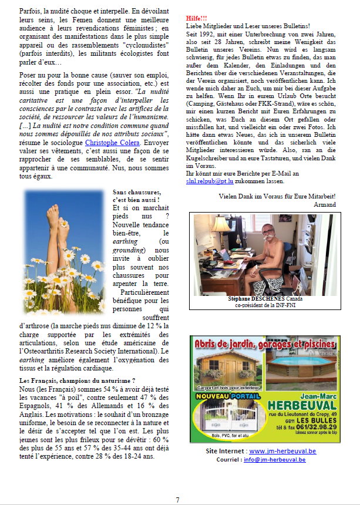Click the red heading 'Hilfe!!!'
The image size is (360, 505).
pyautogui.click(x=197, y=18)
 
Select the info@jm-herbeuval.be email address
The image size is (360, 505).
pyautogui.click(x=275, y=460)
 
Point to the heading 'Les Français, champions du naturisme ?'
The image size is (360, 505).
pyautogui.click(x=77, y=381)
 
